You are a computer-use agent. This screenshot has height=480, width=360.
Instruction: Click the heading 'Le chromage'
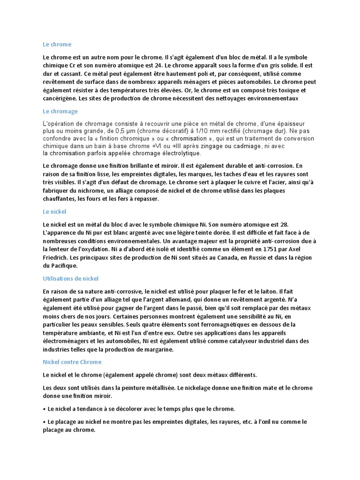coord(60,112)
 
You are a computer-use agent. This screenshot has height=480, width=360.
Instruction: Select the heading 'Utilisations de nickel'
coord(70,278)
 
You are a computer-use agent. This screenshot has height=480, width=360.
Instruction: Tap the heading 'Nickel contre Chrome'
coord(72,362)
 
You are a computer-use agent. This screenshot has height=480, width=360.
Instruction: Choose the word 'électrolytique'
coord(179,153)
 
